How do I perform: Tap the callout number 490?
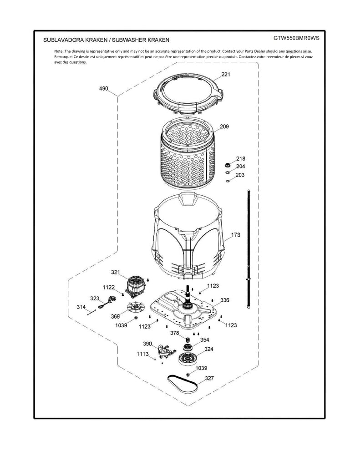coord(103,89)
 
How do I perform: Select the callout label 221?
coord(225,74)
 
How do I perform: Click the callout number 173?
coord(236,235)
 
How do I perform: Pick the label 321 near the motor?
coord(116,272)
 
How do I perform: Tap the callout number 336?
coord(225,300)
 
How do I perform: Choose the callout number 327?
coord(209,378)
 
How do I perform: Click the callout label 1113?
coord(143,354)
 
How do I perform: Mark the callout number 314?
coord(81,308)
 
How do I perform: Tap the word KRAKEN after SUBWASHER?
coord(157,40)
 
